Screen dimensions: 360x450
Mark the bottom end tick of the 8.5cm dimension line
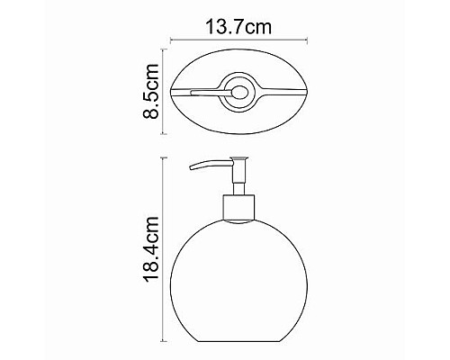coord(165,134)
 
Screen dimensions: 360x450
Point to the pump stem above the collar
coord(238,180)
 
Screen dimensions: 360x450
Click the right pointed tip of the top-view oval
coord(307,91)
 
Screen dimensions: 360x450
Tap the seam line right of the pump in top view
coord(283,91)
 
